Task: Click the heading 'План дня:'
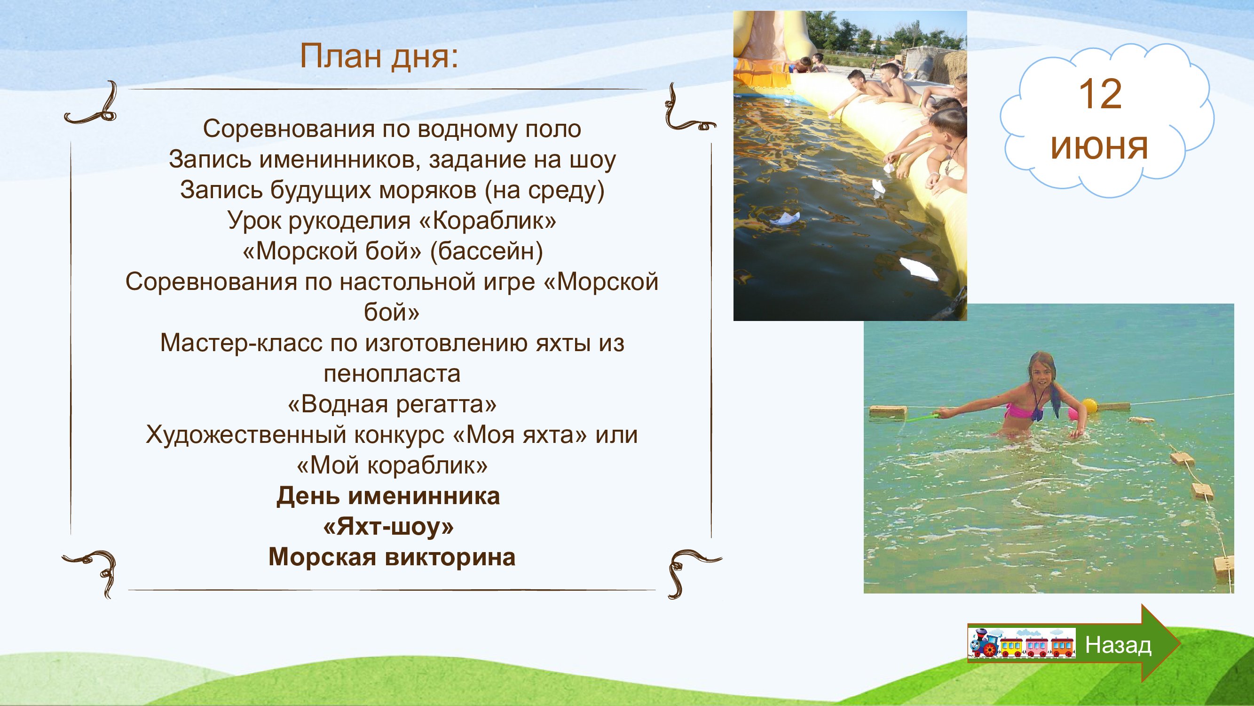pyautogui.click(x=379, y=57)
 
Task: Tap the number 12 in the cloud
pyautogui.click(x=1100, y=95)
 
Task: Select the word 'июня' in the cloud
pyautogui.click(x=1100, y=147)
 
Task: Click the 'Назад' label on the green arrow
pyautogui.click(x=1119, y=645)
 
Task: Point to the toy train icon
pyautogui.click(x=1021, y=643)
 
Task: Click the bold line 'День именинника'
pyautogui.click(x=388, y=497)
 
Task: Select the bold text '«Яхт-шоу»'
pyautogui.click(x=388, y=527)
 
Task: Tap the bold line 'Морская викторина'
pyautogui.click(x=392, y=557)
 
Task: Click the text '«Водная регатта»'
pyautogui.click(x=392, y=404)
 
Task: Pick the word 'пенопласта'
pyautogui.click(x=392, y=374)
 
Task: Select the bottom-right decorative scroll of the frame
pyautogui.click(x=691, y=572)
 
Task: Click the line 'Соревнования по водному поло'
pyautogui.click(x=392, y=129)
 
